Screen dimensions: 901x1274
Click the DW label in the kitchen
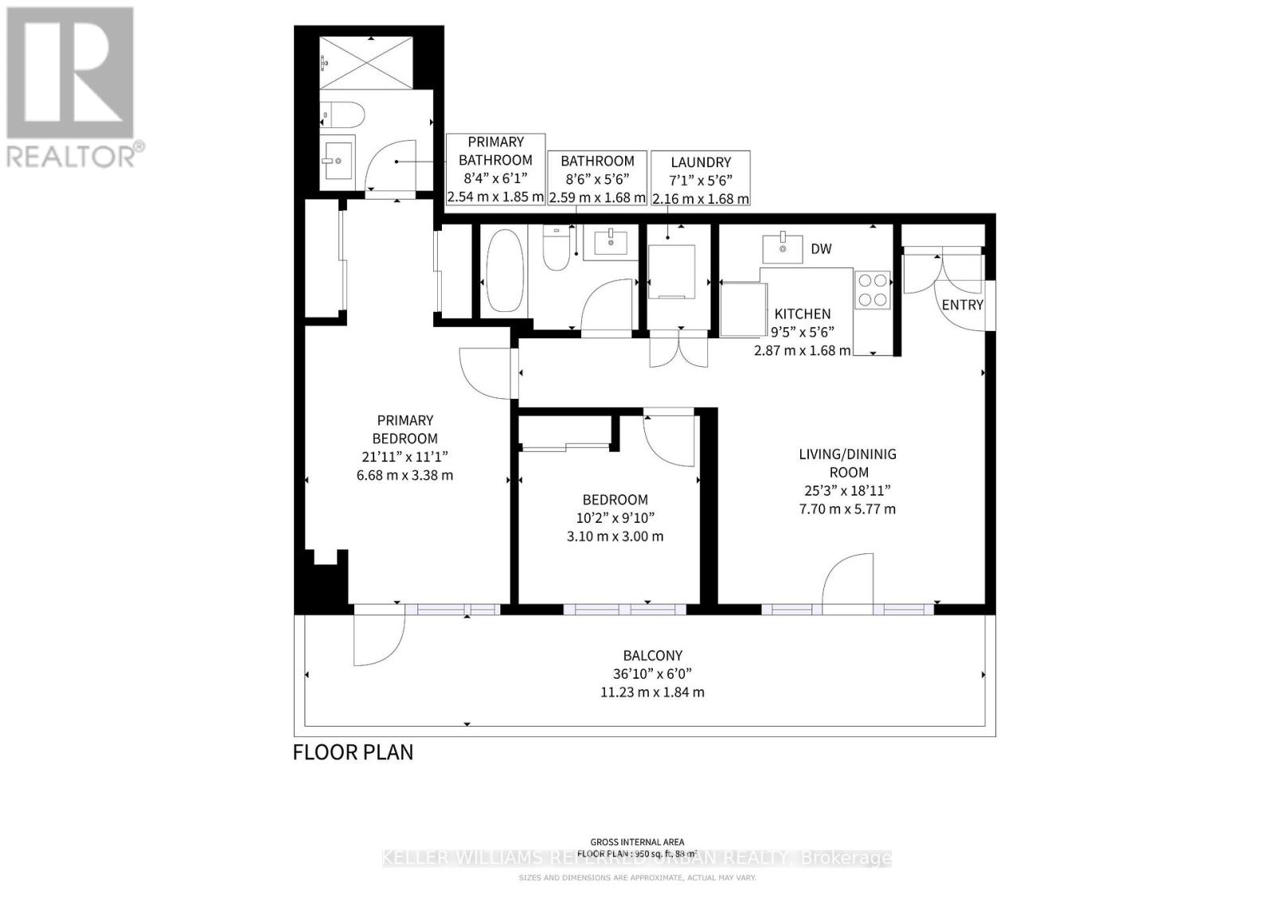coord(821,249)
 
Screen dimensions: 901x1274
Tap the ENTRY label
coord(962,305)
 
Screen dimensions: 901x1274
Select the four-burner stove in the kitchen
coord(872,290)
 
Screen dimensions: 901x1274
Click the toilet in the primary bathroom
coord(343,116)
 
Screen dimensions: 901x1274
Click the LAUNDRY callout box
coord(700,179)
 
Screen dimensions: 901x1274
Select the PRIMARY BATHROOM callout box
coord(495,169)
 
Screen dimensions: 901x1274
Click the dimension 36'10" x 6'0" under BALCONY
coord(652,673)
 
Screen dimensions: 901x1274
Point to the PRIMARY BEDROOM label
coord(404,429)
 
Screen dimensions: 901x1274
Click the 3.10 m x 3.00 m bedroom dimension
coord(615,536)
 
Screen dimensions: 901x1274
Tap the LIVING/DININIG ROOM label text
coord(847,462)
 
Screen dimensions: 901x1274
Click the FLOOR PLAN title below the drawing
coord(353,752)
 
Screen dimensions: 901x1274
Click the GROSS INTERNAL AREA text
coord(636,842)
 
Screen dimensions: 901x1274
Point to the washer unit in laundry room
coord(672,271)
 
